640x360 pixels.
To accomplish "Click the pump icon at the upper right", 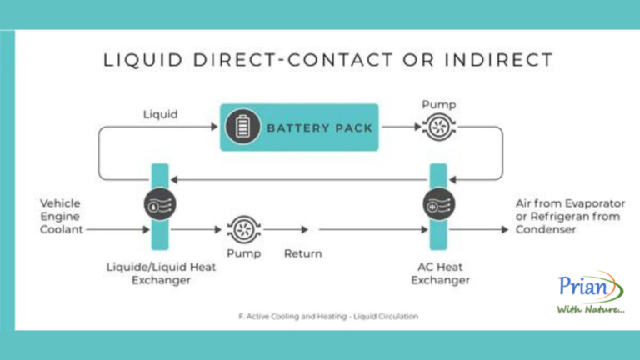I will point(438,127).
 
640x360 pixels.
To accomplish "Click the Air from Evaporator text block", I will point(571,215).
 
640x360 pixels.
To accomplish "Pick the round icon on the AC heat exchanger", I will point(438,203).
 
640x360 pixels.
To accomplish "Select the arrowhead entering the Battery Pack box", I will point(214,127).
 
